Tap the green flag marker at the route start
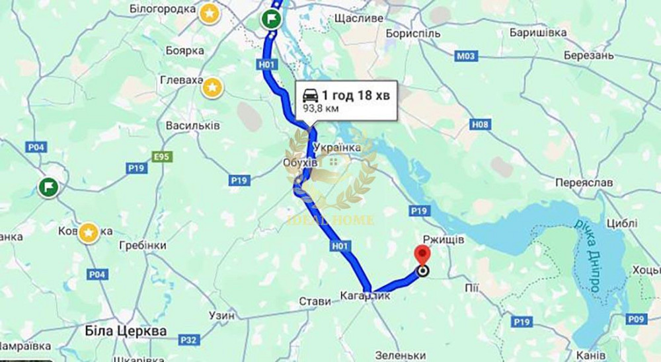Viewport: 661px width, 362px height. tap(270, 18)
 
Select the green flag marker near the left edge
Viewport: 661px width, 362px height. tap(48, 187)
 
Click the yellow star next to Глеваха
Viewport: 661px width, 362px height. tap(212, 87)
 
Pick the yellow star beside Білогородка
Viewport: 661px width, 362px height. tap(209, 13)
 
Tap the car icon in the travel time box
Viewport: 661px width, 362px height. tap(311, 95)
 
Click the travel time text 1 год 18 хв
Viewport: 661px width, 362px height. tap(356, 95)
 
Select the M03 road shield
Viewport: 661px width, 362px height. tap(466, 56)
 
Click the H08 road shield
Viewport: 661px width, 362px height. tap(481, 124)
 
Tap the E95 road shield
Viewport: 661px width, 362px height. tap(161, 157)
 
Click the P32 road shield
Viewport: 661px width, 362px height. tap(189, 340)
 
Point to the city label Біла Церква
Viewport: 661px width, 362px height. tap(126, 330)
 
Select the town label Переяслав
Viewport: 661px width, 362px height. tap(584, 182)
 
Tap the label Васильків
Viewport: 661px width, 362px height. tap(193, 126)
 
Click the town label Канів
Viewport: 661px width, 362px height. tap(592, 355)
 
